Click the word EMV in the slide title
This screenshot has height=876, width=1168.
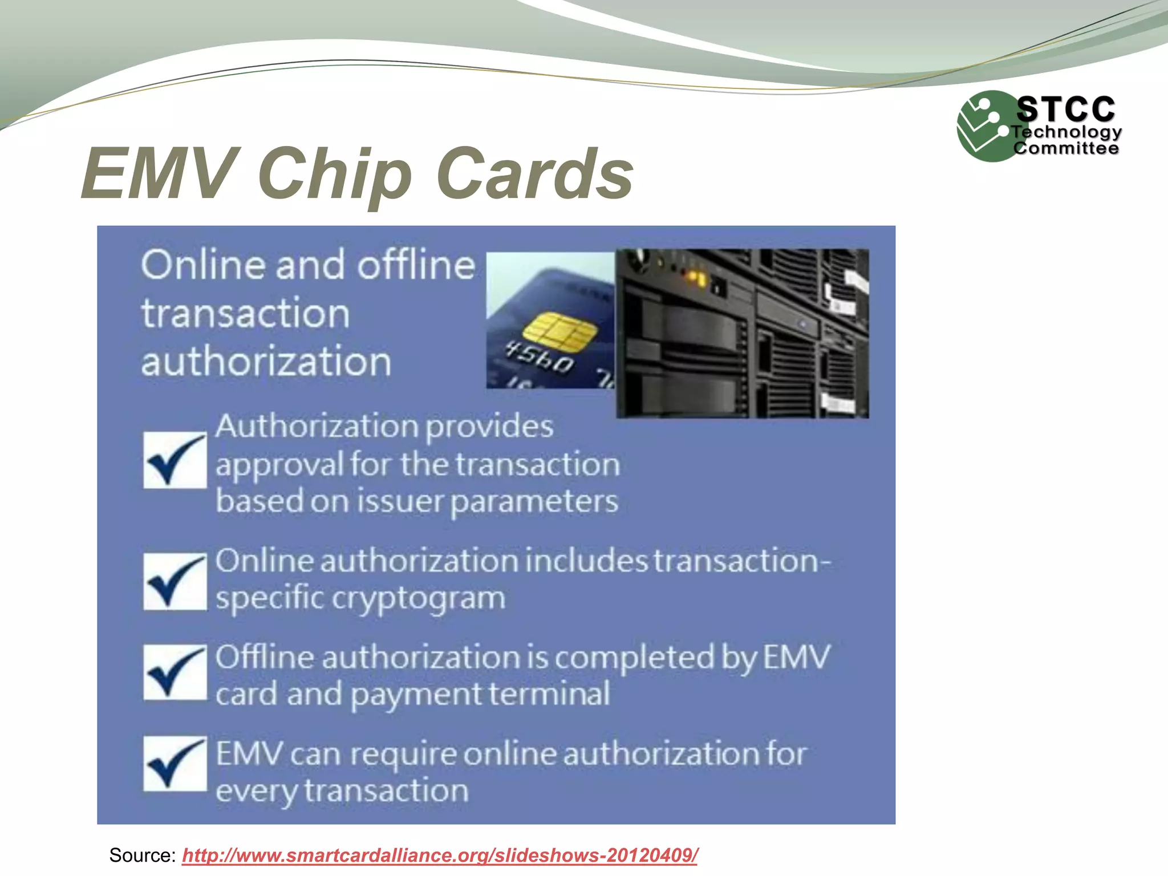[160, 173]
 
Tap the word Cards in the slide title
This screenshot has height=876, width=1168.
[534, 173]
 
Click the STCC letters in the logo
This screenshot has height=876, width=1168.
[1065, 109]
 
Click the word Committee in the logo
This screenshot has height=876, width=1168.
[1065, 148]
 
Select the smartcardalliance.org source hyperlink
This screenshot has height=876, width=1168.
[440, 855]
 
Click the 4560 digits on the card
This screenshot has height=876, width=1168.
[540, 357]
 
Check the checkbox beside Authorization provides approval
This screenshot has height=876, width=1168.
[175, 460]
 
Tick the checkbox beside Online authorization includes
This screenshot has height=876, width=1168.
[175, 581]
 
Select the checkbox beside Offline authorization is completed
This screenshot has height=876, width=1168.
[175, 672]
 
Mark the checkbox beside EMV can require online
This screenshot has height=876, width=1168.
[175, 764]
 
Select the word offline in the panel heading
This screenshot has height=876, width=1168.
[416, 265]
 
